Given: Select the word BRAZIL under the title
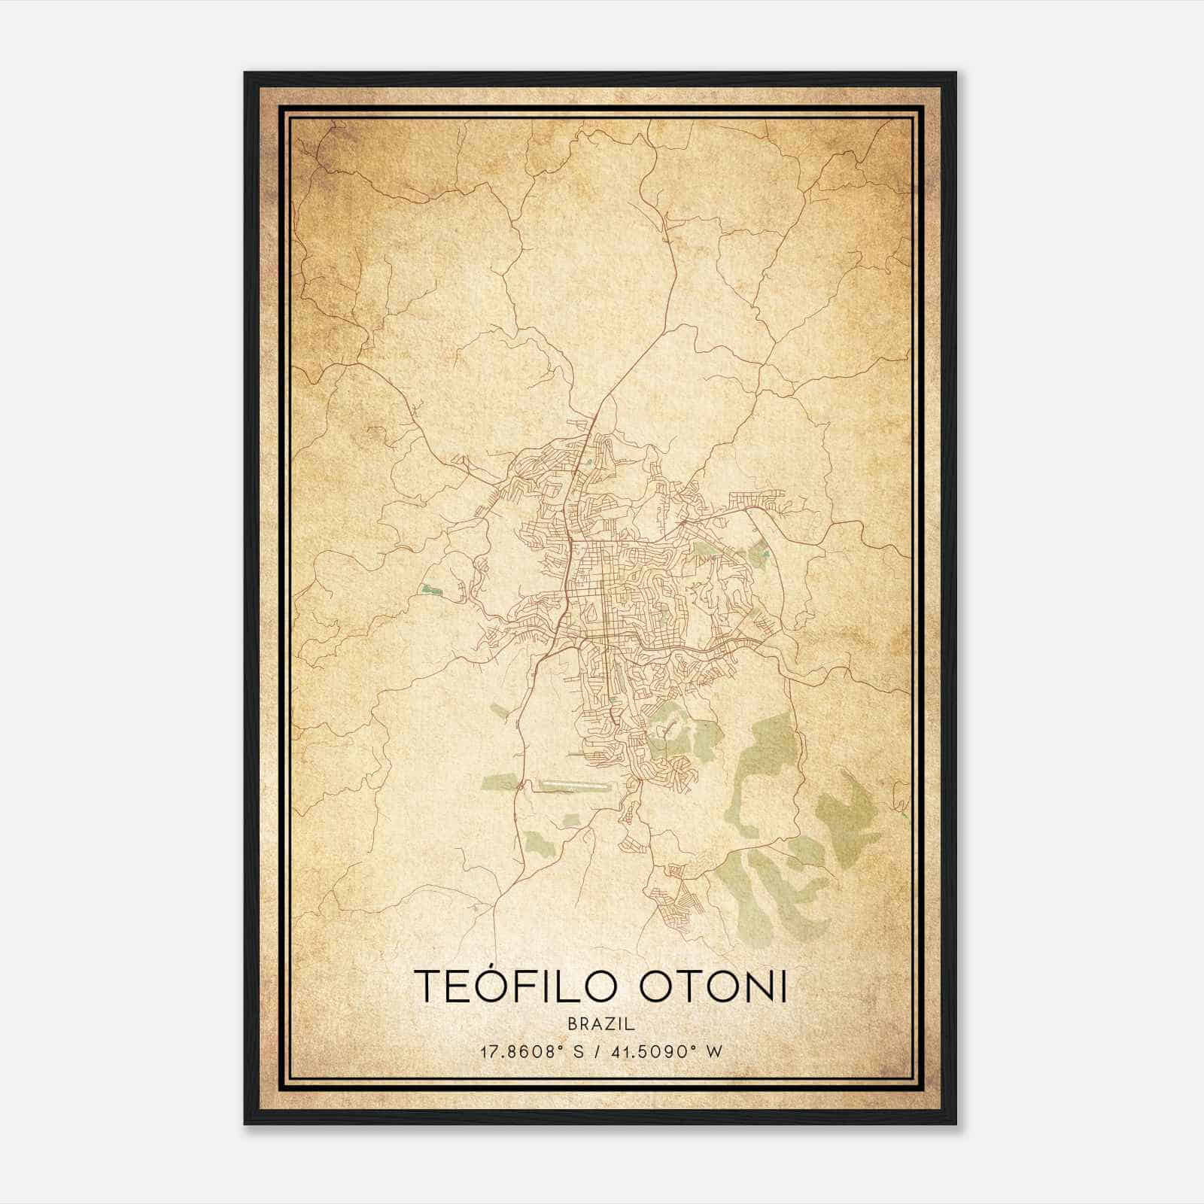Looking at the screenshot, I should pos(601,1023).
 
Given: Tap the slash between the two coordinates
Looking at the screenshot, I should pos(595,1051).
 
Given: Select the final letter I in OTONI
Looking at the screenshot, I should pos(783,987).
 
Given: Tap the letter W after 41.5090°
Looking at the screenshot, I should pos(715,1051).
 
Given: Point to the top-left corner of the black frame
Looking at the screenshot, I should pos(245,73).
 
